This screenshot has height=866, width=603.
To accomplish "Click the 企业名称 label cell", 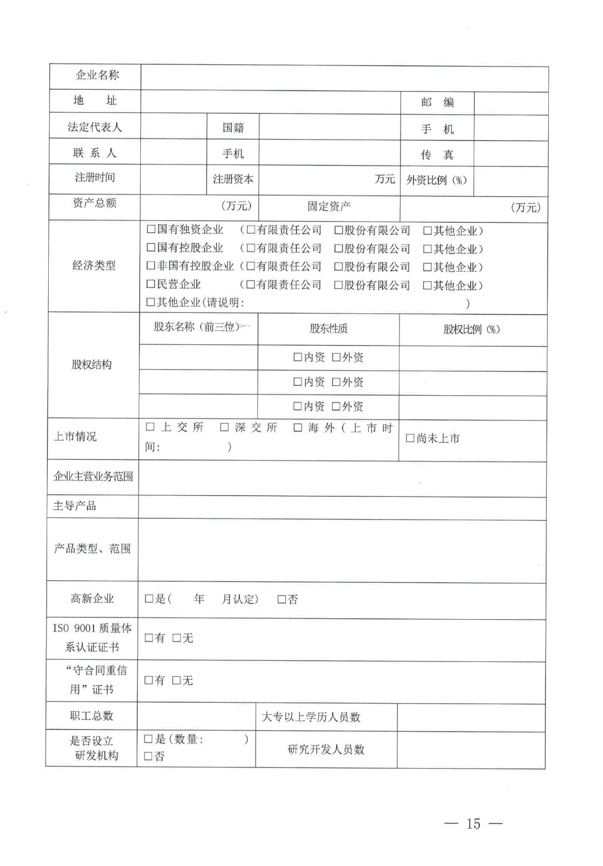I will click(x=97, y=75).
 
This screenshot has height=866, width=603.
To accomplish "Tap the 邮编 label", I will click(x=437, y=102).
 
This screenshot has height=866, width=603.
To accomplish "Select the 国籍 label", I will click(x=233, y=128).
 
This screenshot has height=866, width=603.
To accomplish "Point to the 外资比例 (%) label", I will click(x=437, y=180).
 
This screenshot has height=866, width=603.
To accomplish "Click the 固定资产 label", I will click(x=329, y=206).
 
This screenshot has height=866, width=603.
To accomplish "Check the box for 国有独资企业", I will click(x=151, y=229).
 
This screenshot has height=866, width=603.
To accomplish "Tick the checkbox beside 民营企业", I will click(x=151, y=284).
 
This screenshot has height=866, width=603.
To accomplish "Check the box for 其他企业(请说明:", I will click(x=151, y=303).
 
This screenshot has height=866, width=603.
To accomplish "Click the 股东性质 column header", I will click(x=329, y=329).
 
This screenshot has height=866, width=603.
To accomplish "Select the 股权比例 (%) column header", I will click(x=471, y=329).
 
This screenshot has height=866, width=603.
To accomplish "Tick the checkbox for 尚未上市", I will click(x=410, y=438).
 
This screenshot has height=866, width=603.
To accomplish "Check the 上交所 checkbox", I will click(x=150, y=427).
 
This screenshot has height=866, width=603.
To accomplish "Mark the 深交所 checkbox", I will click(x=225, y=428).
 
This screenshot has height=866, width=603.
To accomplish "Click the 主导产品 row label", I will click(x=75, y=506).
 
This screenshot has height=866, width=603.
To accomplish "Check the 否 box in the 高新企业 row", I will click(x=282, y=599).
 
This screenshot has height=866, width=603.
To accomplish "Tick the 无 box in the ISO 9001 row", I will click(x=176, y=638).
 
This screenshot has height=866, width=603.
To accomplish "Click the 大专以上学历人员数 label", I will click(x=311, y=717).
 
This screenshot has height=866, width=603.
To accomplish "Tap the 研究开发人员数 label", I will click(x=326, y=750).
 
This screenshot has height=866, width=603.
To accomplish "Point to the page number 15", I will click(x=473, y=823).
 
